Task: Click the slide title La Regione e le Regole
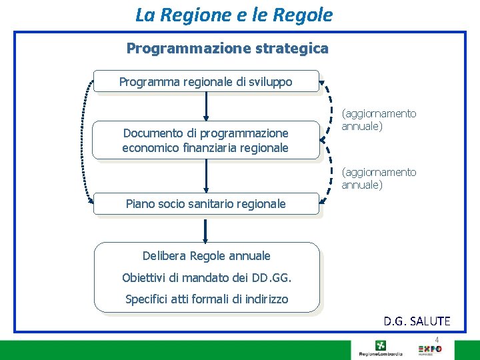(233, 15)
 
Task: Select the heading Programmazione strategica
(227, 49)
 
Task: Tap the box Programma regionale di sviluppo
(206, 81)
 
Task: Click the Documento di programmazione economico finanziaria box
(206, 141)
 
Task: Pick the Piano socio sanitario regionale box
(206, 204)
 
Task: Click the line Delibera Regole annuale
(207, 256)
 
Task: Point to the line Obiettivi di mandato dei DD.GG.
(207, 277)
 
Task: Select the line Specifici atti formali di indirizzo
(207, 299)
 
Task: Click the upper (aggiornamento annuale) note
(379, 120)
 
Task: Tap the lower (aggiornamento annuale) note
(379, 179)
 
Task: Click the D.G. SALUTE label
(417, 321)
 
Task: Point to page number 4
(446, 339)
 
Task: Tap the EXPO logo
(429, 349)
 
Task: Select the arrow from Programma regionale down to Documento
(206, 106)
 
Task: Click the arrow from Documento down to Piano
(206, 176)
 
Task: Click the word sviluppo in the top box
(270, 82)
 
